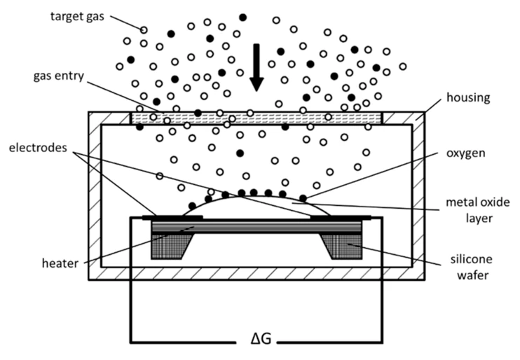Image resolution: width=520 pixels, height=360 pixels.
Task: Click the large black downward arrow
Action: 256,67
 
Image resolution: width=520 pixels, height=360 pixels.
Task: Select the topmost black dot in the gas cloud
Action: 242,17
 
